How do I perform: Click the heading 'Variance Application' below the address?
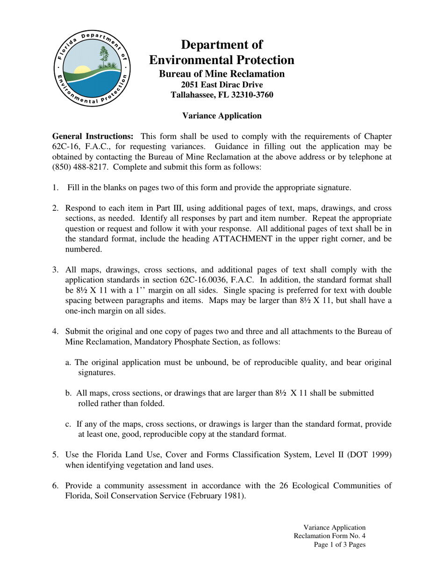[x=222, y=115]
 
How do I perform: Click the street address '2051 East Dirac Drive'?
[x=222, y=85]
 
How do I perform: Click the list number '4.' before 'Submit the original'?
[x=55, y=331]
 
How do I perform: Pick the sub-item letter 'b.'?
[x=69, y=393]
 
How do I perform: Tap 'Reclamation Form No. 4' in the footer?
[x=329, y=536]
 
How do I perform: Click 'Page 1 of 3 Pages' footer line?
[x=339, y=545]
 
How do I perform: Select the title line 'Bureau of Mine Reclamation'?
[x=222, y=74]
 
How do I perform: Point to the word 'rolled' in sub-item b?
[x=89, y=403]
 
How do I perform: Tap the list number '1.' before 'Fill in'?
[x=55, y=188]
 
